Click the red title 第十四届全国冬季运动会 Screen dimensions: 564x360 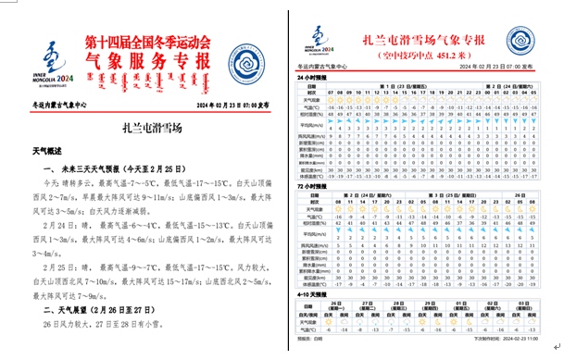click(x=147, y=43)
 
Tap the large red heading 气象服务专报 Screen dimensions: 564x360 click(x=148, y=63)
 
